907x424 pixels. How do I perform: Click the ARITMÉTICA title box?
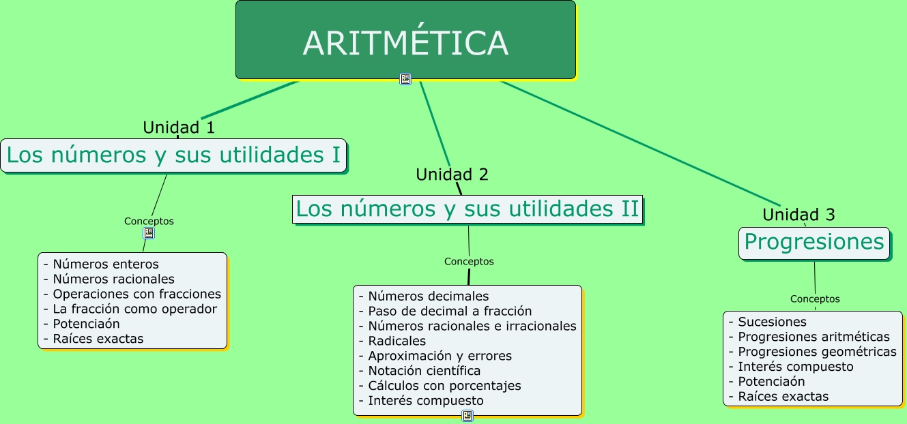pos(405,41)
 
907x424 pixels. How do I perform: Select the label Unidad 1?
pos(179,127)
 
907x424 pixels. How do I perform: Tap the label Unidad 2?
pos(452,175)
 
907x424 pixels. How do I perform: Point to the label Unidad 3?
pos(798,215)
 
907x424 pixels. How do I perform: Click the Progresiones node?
pos(814,243)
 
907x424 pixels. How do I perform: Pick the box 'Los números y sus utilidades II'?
pos(468,209)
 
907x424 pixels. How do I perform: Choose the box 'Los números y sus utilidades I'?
pos(173,155)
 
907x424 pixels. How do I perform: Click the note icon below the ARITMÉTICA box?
pos(405,79)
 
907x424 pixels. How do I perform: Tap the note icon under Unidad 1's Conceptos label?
pos(149,233)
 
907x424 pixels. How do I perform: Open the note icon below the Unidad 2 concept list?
pos(467,416)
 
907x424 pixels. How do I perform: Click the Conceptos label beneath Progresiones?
pos(815,299)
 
